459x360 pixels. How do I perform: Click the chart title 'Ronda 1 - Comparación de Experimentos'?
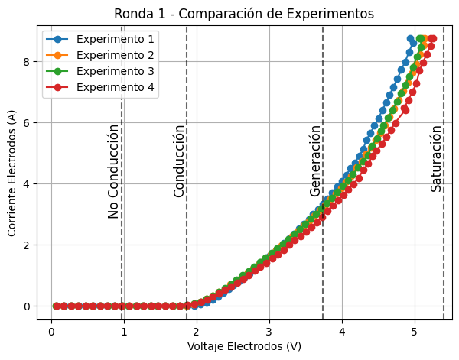(x=244, y=14)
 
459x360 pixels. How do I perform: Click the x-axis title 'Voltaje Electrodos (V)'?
(x=244, y=347)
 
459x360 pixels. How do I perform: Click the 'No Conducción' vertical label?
(x=113, y=171)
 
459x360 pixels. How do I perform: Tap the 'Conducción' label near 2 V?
(x=180, y=161)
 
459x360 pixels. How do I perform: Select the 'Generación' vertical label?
(x=315, y=161)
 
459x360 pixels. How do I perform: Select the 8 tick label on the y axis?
(x=28, y=61)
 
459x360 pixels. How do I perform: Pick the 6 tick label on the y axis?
(x=28, y=122)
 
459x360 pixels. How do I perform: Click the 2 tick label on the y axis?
(x=28, y=245)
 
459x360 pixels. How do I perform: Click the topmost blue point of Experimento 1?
(x=411, y=38)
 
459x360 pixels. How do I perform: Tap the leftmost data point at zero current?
(x=56, y=306)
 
